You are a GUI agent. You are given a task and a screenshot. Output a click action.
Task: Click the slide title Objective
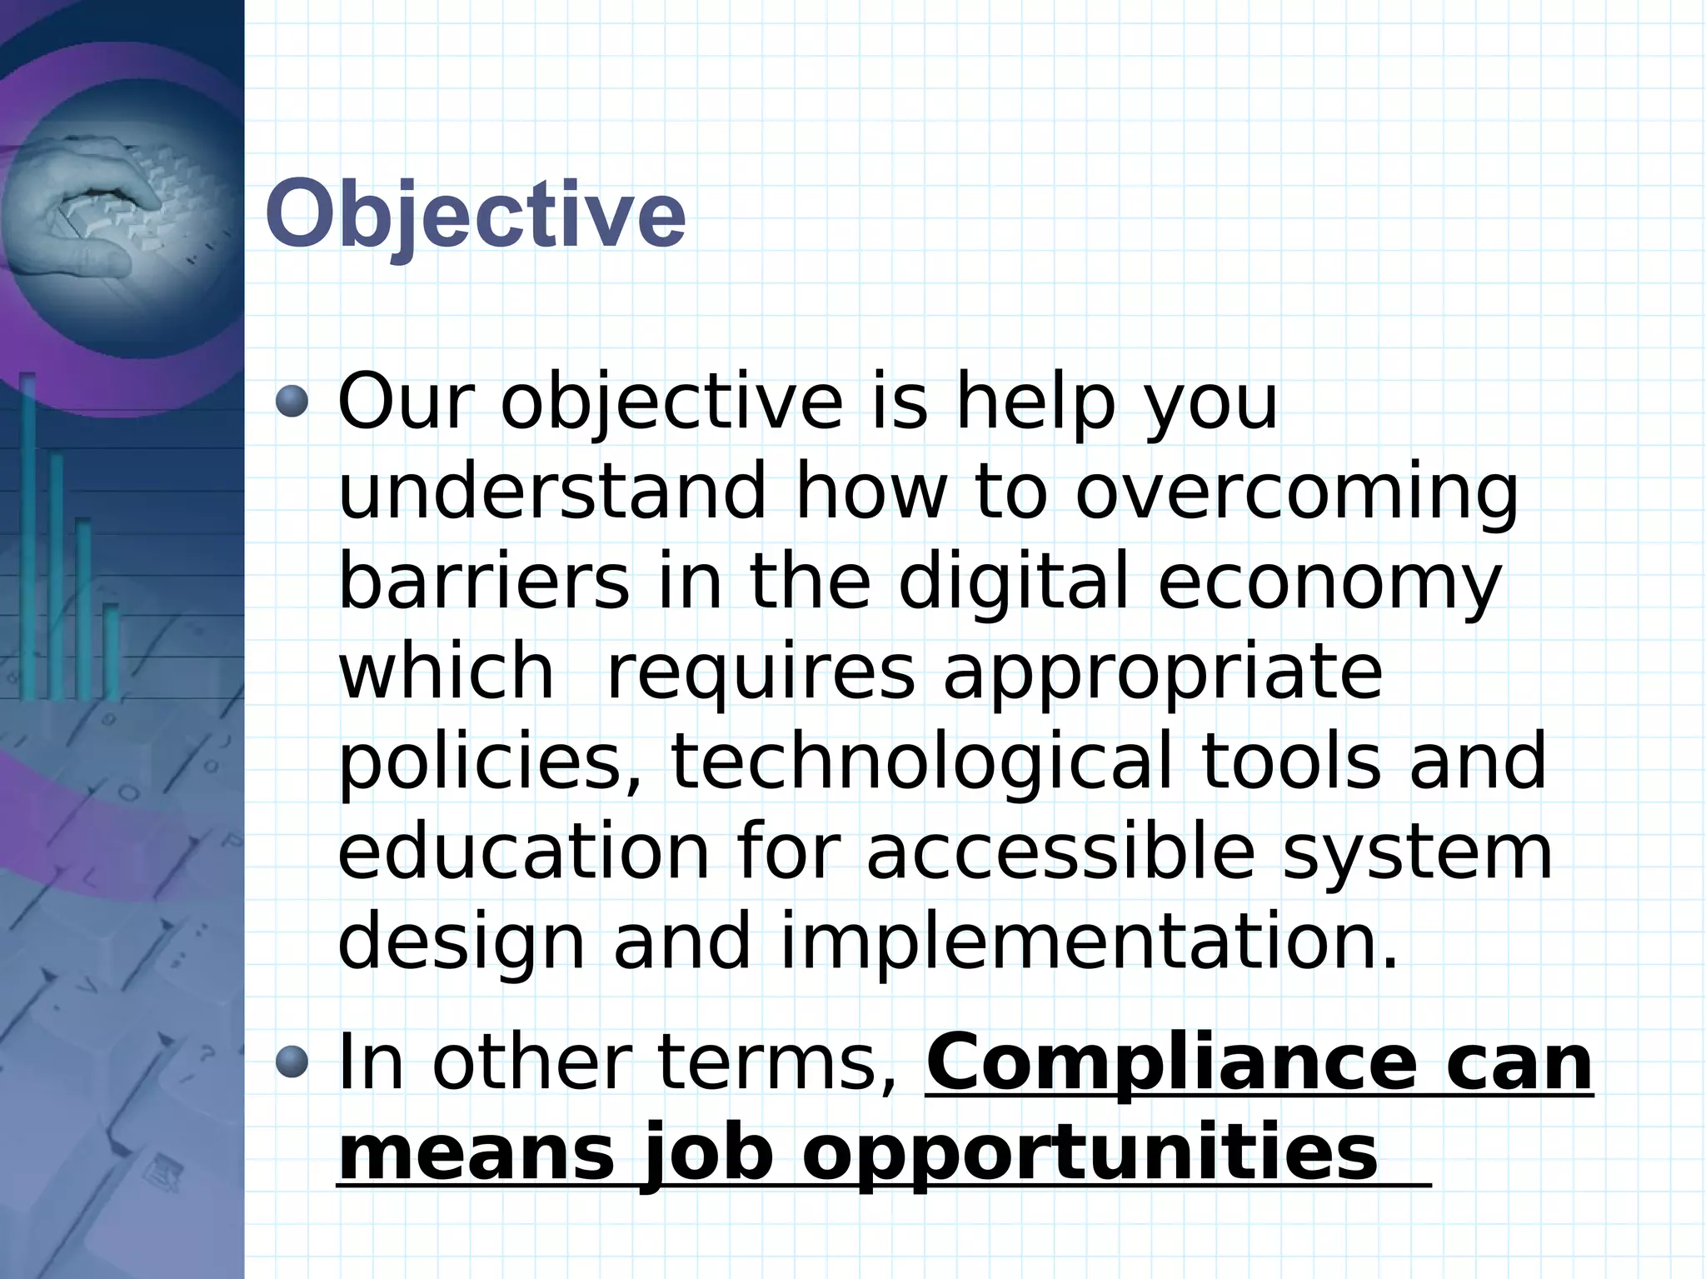[x=476, y=214]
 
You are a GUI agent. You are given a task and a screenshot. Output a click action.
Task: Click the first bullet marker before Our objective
[x=292, y=402]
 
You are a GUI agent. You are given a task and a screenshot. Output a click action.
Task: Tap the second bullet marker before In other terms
[x=292, y=1063]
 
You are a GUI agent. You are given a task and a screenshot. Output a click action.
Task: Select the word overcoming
[x=1297, y=493]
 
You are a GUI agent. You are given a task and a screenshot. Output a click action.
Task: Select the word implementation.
[x=1089, y=942]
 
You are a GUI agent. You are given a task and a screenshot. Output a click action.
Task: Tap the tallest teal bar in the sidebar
[x=28, y=533]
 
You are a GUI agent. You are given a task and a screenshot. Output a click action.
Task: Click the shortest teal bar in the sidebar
[x=112, y=650]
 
